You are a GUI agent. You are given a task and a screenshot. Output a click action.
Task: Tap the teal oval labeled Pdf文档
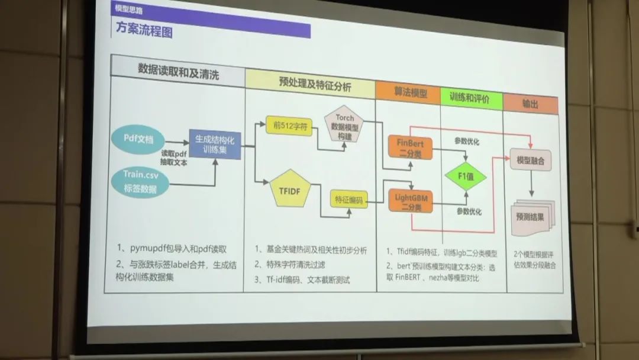coord(138,139)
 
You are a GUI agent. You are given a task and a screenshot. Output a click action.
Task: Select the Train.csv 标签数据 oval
coord(138,181)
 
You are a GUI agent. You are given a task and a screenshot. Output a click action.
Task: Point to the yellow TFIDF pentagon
coord(290,189)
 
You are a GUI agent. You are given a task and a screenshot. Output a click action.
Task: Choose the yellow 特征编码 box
coord(349,200)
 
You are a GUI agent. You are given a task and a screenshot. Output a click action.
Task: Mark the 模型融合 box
coord(531,160)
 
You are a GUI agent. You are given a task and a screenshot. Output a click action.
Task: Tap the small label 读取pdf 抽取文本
coord(173,157)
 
